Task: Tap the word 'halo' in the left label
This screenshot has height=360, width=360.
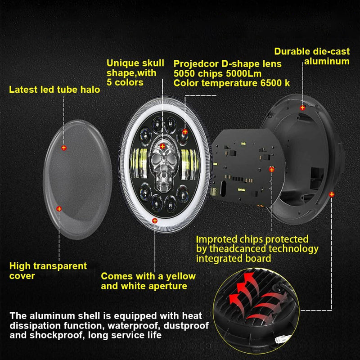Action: point(90,90)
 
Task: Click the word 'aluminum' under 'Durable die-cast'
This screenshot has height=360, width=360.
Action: point(327,61)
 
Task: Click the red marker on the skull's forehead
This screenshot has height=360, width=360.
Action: point(162,145)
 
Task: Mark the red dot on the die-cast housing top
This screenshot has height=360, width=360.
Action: point(302,108)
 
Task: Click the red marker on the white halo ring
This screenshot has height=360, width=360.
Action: point(155,220)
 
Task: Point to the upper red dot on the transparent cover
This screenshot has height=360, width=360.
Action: point(63,147)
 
